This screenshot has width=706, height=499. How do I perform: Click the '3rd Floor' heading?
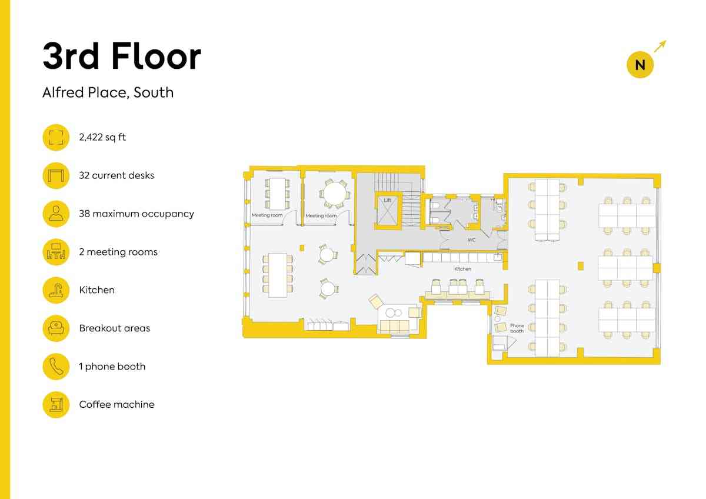coord(122,56)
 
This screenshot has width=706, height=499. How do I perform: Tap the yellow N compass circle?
coord(640,65)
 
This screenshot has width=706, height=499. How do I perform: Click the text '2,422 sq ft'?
coord(102,138)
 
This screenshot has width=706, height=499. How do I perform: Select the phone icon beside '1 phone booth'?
coord(56,366)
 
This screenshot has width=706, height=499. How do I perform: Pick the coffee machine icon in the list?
coord(56,404)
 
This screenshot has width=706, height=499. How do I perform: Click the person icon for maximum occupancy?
coord(56,214)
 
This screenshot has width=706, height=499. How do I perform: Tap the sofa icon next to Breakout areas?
coord(56,328)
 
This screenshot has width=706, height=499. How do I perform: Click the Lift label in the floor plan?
coord(387,200)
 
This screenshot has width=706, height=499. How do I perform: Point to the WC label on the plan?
coord(471,240)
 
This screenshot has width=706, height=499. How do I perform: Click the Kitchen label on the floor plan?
coord(462,269)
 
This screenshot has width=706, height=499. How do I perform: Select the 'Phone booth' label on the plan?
coord(517,328)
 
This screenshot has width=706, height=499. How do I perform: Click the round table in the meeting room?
coord(334,193)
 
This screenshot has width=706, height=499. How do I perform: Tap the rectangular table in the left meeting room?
coord(277,194)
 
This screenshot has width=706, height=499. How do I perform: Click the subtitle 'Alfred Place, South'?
coord(108,92)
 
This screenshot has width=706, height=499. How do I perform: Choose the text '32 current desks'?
coord(116,175)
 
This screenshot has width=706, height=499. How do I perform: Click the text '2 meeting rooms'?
coord(118,252)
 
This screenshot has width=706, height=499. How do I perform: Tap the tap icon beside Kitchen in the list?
coord(56,290)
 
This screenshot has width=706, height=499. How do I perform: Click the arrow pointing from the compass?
coord(660,46)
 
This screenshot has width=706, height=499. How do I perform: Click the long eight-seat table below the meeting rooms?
coord(278,275)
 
